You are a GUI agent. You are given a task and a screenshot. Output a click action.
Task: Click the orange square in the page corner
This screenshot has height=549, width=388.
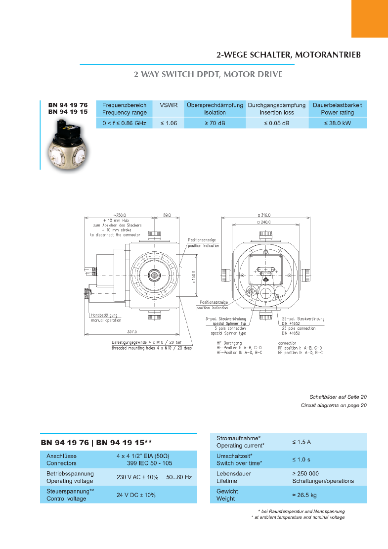point(369,18)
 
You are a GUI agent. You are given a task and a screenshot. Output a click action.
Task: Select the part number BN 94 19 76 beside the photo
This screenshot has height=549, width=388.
point(68,105)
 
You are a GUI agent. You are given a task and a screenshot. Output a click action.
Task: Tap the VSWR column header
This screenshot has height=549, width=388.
point(168,105)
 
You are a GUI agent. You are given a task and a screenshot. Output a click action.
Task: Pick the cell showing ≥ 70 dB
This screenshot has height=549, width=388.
point(215,123)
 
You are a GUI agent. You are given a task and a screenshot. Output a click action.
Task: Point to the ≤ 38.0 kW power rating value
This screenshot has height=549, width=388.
point(338,123)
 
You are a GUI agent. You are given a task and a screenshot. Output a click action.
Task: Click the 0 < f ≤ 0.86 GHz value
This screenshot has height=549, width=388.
point(124,123)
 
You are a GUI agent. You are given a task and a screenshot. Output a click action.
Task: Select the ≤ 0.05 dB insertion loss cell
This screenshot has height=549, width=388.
point(276,123)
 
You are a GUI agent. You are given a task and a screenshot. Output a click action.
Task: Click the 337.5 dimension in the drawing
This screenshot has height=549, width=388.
point(131,332)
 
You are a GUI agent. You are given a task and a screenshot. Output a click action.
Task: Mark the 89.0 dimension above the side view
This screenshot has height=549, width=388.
point(167,215)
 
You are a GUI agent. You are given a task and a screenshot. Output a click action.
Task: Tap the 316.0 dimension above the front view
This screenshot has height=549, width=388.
point(264,215)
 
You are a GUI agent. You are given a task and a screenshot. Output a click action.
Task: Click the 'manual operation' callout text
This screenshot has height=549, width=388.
point(106,320)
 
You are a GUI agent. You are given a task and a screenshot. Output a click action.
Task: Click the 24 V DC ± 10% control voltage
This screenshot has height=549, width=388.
point(136,495)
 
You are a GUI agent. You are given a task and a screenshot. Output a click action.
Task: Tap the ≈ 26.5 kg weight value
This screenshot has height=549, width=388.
point(304,495)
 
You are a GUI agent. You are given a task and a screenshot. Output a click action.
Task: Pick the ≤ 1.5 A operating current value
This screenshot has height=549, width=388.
point(302,442)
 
